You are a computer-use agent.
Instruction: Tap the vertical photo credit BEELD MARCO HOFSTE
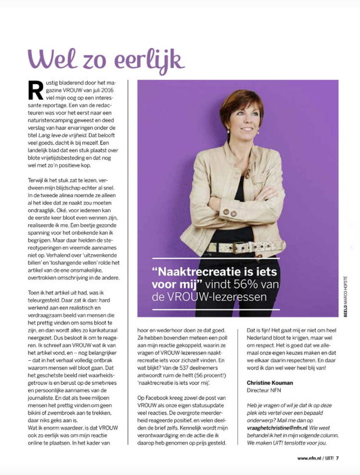tap(345, 295)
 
